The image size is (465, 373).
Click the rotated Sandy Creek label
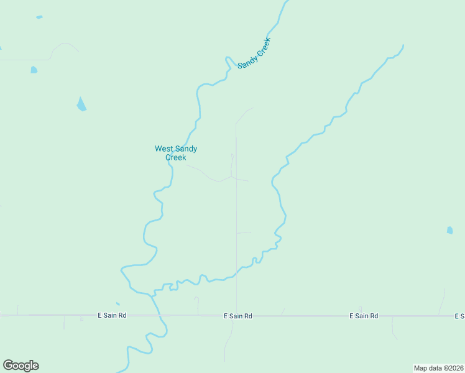pyautogui.click(x=255, y=53)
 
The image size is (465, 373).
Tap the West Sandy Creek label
pyautogui.click(x=176, y=153)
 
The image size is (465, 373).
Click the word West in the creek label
pyautogui.click(x=163, y=149)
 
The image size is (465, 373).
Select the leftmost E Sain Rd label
pyautogui.click(x=112, y=315)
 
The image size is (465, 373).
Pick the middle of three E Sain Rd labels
pyautogui.click(x=237, y=316)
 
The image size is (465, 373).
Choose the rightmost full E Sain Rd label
pyautogui.click(x=364, y=316)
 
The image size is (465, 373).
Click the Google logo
pyautogui.click(x=21, y=366)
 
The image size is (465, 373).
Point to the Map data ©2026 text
pyautogui.click(x=438, y=368)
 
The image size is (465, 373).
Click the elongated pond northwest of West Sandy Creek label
pyautogui.click(x=81, y=104)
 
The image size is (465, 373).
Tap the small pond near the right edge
pyautogui.click(x=449, y=230)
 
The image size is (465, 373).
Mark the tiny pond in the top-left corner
pyautogui.click(x=39, y=17)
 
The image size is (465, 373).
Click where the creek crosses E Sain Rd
pyautogui.click(x=160, y=315)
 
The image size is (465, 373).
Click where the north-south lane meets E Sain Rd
pyautogui.click(x=236, y=315)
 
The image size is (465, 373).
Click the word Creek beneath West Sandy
pyautogui.click(x=176, y=157)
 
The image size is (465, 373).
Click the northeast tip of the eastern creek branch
pyautogui.click(x=403, y=45)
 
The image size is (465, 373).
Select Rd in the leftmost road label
pyautogui.click(x=122, y=315)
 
